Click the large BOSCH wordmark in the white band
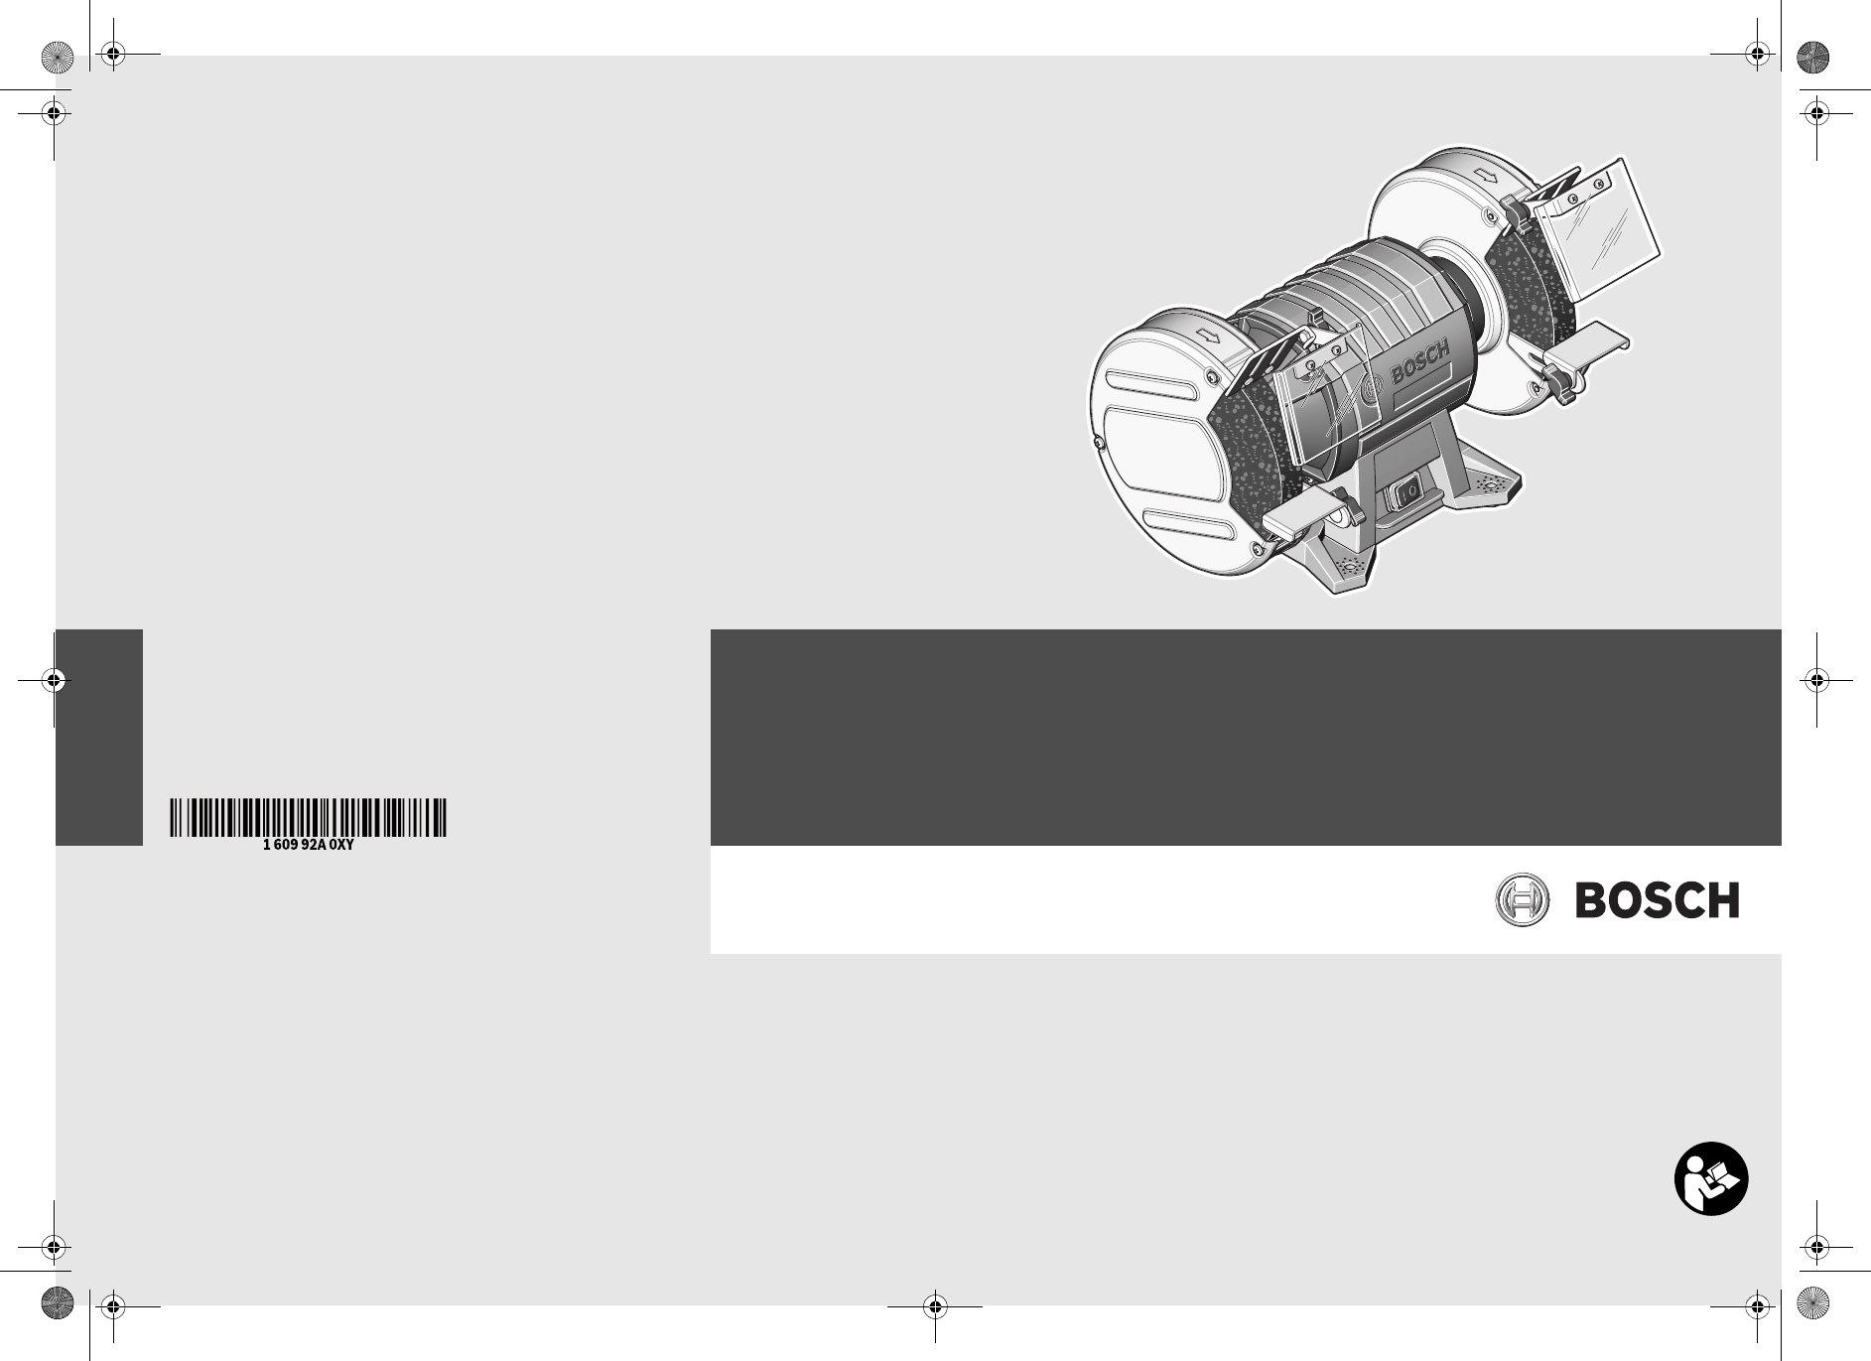1657,900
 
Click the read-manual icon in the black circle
1711,1180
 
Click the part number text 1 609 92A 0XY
308,846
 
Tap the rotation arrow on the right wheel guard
1487,178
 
